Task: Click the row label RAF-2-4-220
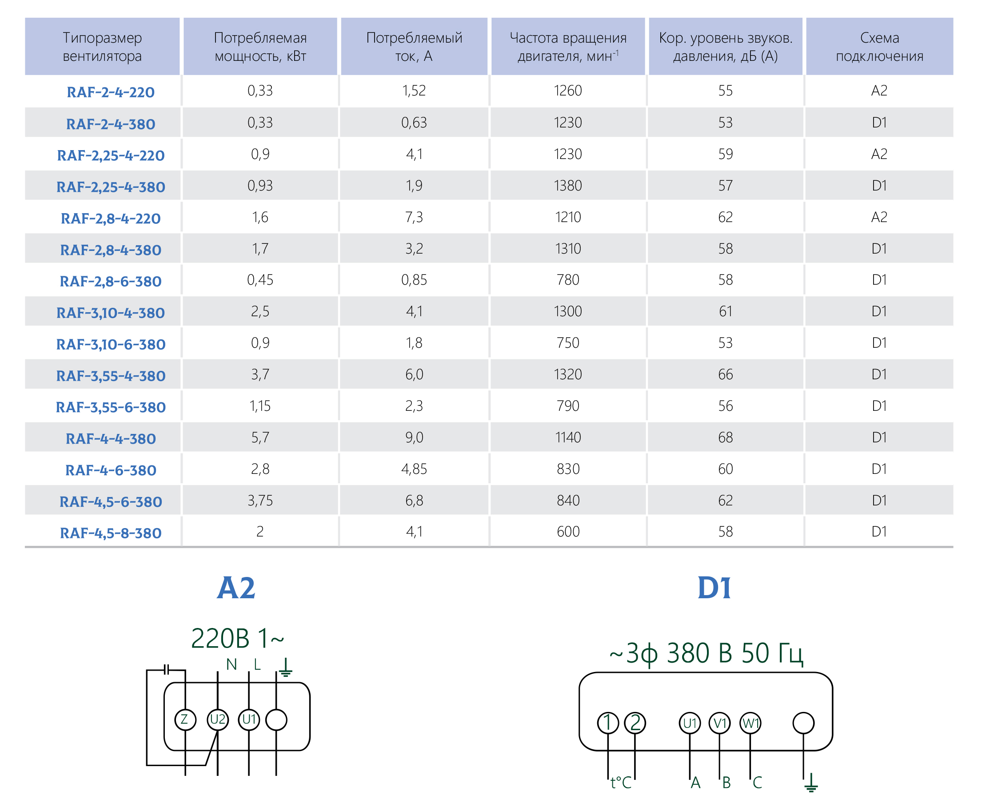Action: pos(111,92)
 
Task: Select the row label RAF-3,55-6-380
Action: pos(111,407)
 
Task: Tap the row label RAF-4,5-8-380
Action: pos(111,533)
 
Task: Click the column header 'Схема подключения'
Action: pos(879,47)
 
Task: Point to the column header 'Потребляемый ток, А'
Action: pos(414,47)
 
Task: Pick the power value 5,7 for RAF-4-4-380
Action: pos(260,437)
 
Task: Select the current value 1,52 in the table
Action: pos(414,91)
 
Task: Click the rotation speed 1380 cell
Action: pos(568,186)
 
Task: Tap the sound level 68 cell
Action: pos(725,437)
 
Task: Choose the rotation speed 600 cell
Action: pos(568,531)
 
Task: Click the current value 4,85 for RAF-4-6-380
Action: pos(414,469)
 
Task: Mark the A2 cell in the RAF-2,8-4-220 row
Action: pos(879,217)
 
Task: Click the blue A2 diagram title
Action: pos(236,588)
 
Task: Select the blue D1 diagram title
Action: pos(714,588)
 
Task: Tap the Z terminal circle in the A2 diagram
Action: pos(185,720)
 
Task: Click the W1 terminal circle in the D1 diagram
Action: pos(750,723)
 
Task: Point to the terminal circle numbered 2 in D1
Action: pos(635,723)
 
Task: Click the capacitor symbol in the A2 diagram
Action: pos(167,670)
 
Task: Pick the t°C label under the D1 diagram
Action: pos(621,783)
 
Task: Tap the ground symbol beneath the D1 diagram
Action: pos(811,783)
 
